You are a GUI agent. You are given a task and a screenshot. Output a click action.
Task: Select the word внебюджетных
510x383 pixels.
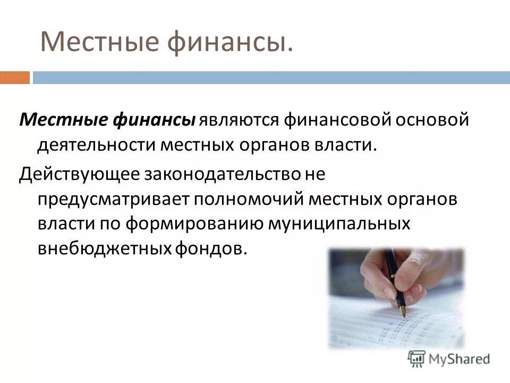click(103, 248)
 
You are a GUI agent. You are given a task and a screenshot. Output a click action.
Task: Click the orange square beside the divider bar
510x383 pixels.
click(15, 78)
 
